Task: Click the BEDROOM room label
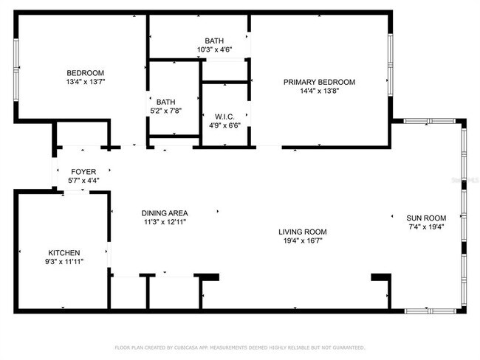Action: pos(85,72)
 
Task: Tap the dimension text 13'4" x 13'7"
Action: pos(85,83)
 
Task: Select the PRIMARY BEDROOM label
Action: pos(320,82)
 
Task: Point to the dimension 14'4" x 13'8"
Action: pos(320,92)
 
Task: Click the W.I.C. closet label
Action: pos(224,117)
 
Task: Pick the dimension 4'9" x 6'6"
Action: pos(224,126)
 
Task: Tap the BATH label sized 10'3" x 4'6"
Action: pos(215,41)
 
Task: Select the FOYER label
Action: pos(83,171)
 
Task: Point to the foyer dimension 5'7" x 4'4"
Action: pos(83,180)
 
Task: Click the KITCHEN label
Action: pos(64,252)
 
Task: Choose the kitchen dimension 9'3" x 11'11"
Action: pos(64,262)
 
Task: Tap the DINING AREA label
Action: pos(163,212)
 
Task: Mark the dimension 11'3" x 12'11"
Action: pos(163,221)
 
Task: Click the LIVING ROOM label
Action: pos(303,230)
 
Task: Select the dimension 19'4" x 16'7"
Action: pos(303,240)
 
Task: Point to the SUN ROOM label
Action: pos(427,218)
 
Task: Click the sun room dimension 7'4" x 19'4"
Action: pos(427,227)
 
